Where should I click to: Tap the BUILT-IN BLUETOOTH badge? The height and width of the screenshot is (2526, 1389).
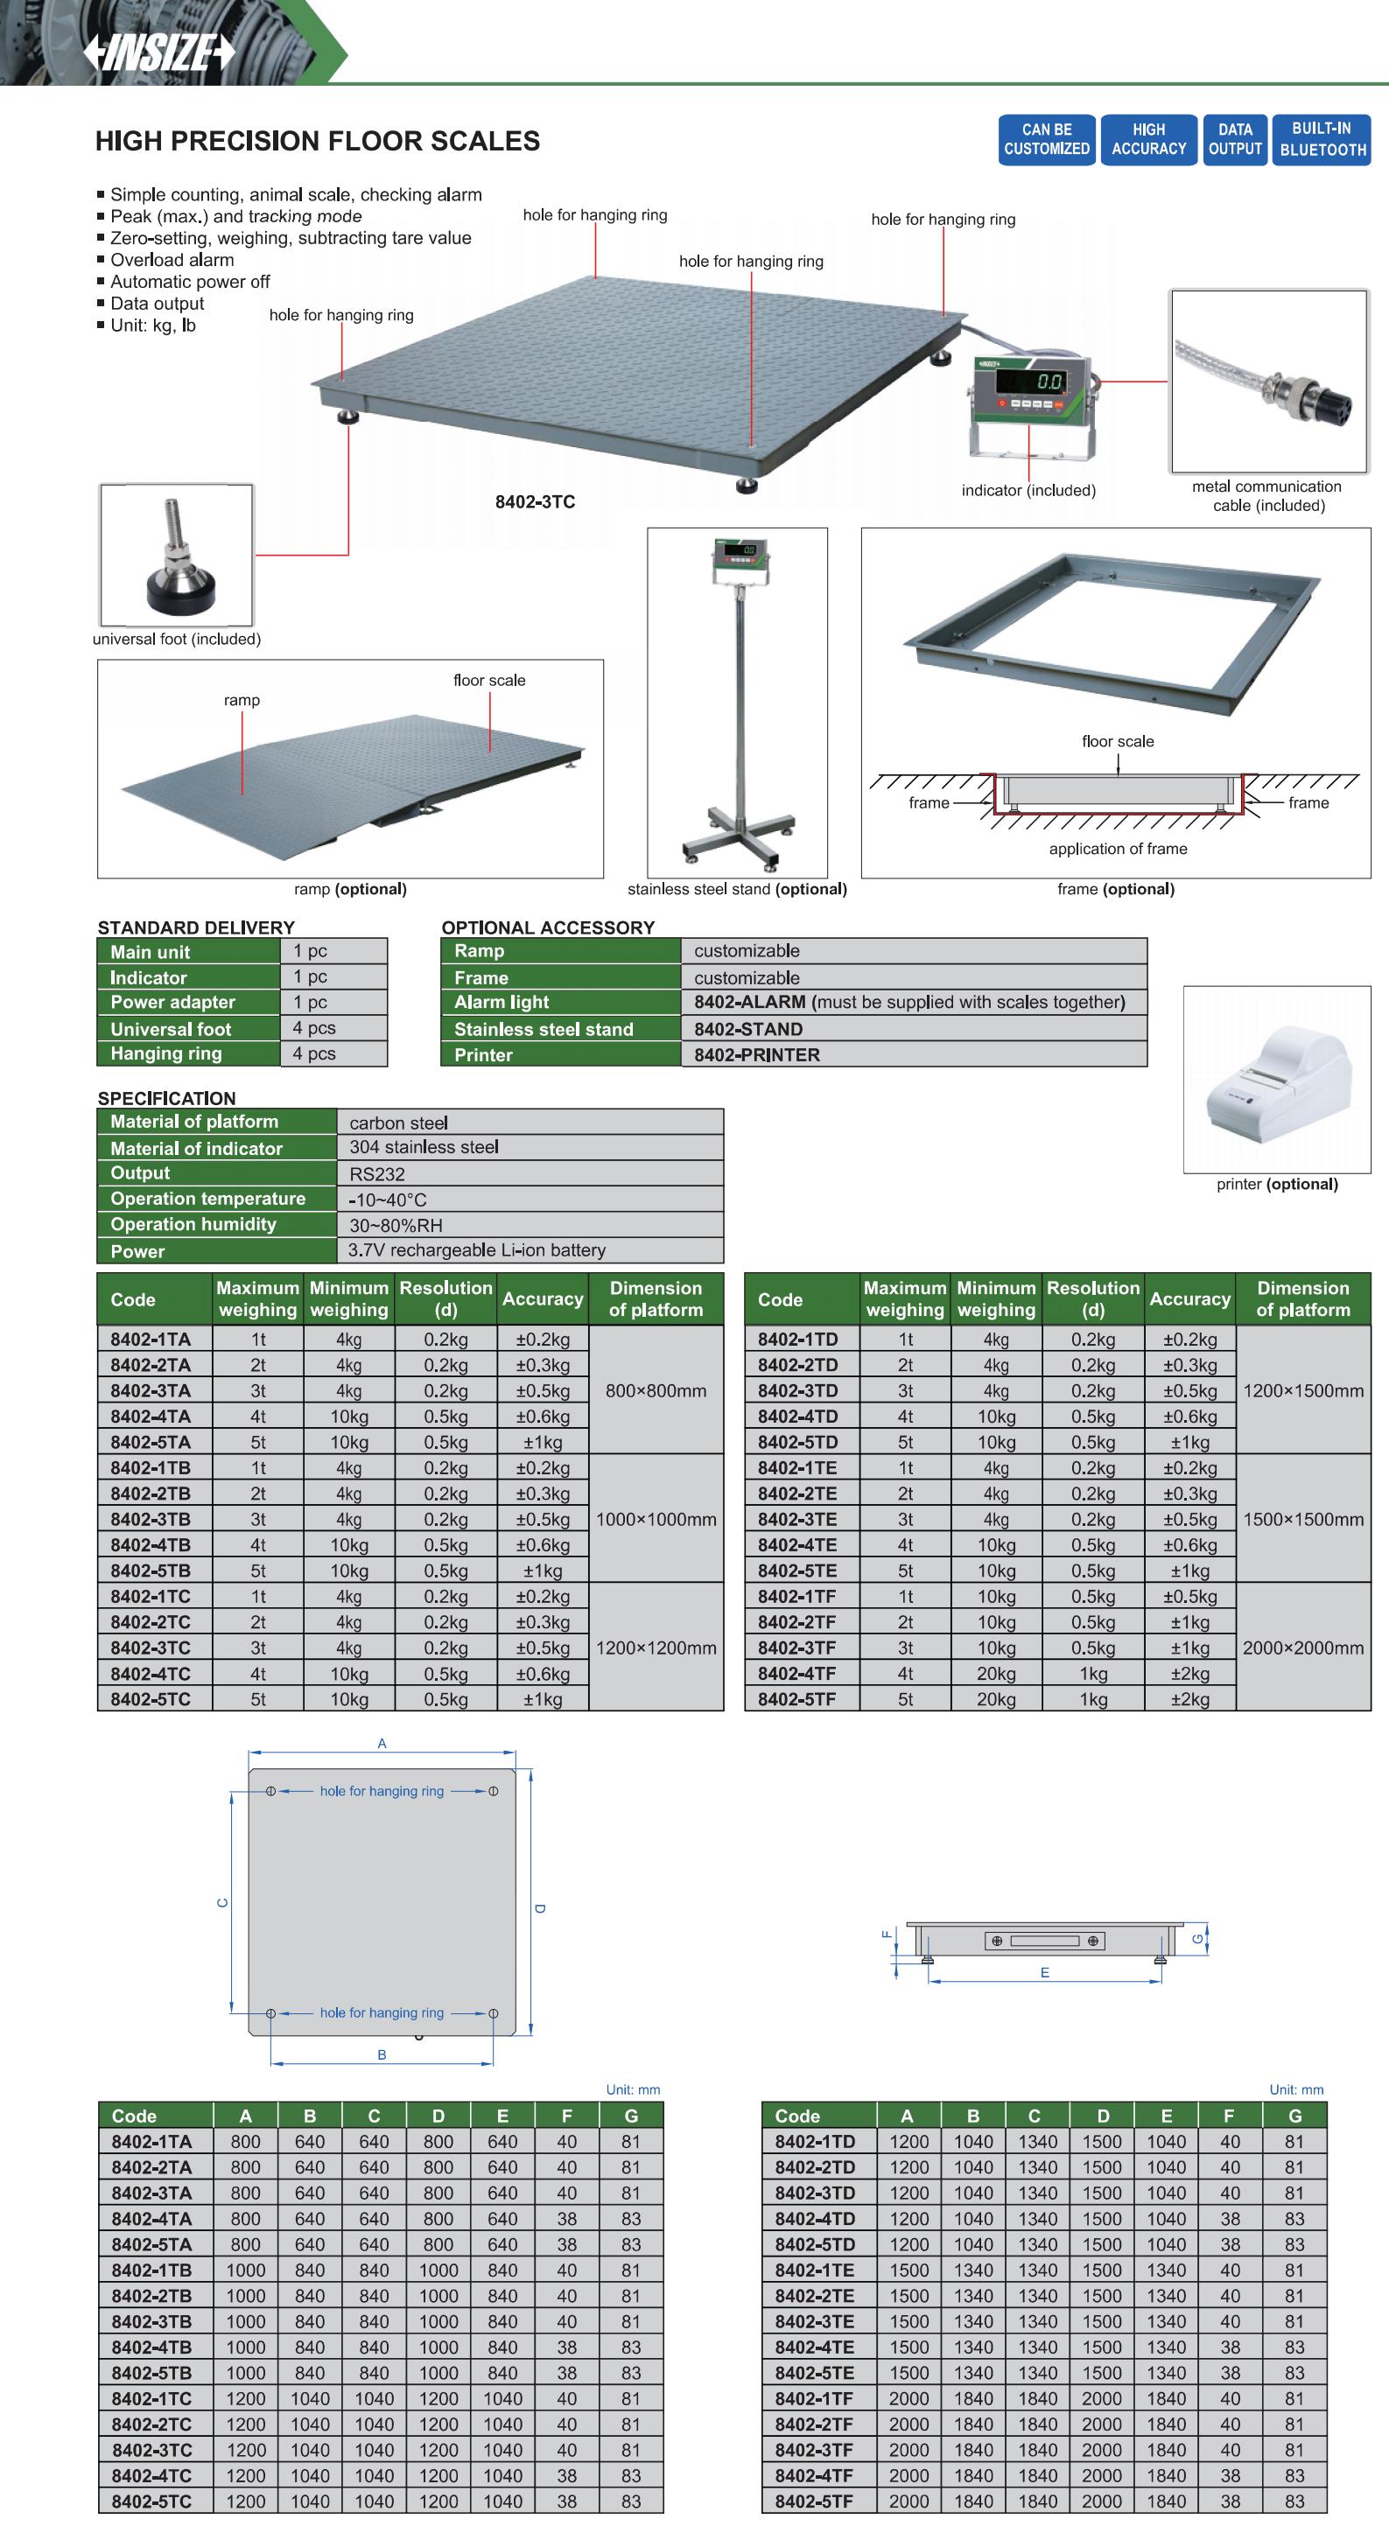point(1322,139)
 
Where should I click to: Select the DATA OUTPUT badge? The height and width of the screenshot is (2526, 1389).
point(1234,139)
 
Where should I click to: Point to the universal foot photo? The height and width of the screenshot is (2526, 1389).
point(177,555)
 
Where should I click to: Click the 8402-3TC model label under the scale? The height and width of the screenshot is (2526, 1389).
point(535,502)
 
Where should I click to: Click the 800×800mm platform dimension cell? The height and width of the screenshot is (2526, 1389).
point(656,1390)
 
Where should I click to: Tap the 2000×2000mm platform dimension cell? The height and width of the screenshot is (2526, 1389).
point(1302,1648)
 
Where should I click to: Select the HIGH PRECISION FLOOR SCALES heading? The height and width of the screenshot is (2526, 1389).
point(317,141)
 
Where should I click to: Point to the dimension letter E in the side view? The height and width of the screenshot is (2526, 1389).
point(1045,1972)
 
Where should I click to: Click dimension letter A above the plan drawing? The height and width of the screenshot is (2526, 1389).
point(382,1743)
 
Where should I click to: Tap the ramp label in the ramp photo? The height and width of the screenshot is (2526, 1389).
point(242,700)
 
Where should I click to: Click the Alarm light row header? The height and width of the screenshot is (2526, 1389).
point(560,1002)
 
